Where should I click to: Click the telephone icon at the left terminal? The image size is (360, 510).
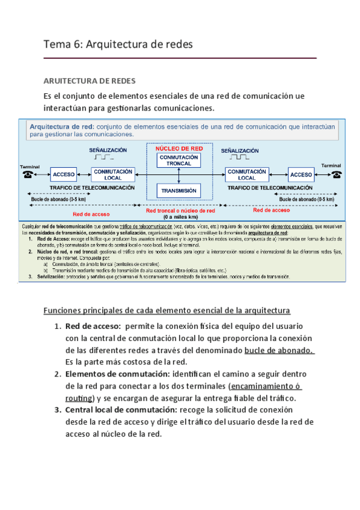click(28, 174)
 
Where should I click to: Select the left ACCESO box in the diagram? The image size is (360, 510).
click(64, 174)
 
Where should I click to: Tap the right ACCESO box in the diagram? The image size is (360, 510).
click(301, 175)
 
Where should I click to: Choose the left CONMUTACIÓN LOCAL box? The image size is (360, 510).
click(112, 174)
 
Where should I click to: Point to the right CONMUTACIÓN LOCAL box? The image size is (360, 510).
click(246, 174)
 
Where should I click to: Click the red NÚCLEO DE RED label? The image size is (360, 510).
click(179, 147)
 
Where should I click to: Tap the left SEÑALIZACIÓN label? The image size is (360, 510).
click(108, 150)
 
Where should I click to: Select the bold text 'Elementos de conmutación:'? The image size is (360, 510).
click(121, 374)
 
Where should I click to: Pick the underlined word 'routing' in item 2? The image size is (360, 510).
click(78, 398)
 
